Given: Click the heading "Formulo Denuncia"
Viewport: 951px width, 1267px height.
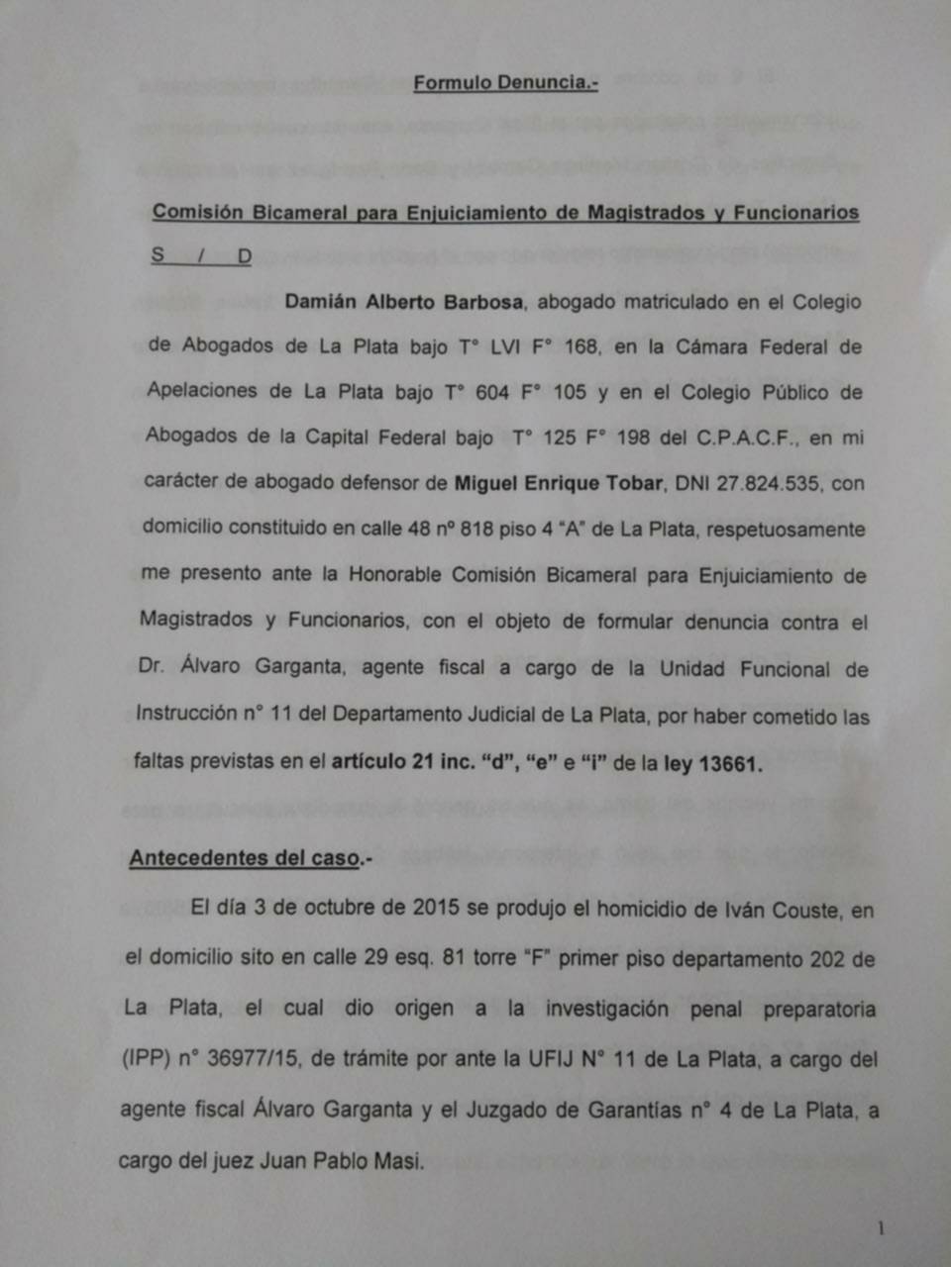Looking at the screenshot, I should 505,83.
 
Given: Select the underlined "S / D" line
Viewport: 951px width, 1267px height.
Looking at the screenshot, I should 201,256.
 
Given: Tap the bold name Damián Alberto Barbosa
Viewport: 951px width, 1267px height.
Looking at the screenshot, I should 403,302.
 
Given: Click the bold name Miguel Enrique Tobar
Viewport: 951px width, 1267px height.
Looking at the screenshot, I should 559,483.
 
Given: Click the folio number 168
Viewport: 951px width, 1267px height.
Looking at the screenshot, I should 581,346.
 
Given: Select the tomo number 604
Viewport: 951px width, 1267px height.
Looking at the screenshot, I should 492,392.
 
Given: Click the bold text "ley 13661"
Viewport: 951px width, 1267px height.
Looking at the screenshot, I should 712,764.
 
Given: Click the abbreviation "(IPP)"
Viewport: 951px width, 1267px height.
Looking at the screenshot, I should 146,1058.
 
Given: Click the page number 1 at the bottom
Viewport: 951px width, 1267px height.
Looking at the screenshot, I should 881,1228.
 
